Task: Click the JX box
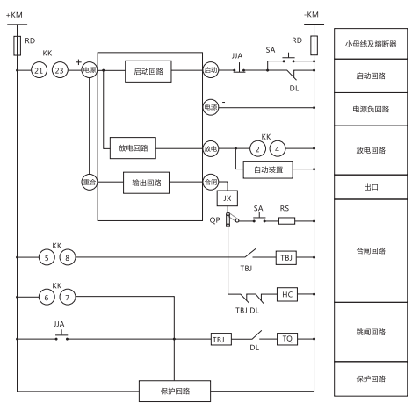(227, 198)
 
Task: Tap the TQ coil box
(287, 337)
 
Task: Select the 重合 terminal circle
(88, 183)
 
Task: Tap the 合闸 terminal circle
(210, 183)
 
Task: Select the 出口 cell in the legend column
(370, 187)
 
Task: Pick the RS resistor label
(284, 209)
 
